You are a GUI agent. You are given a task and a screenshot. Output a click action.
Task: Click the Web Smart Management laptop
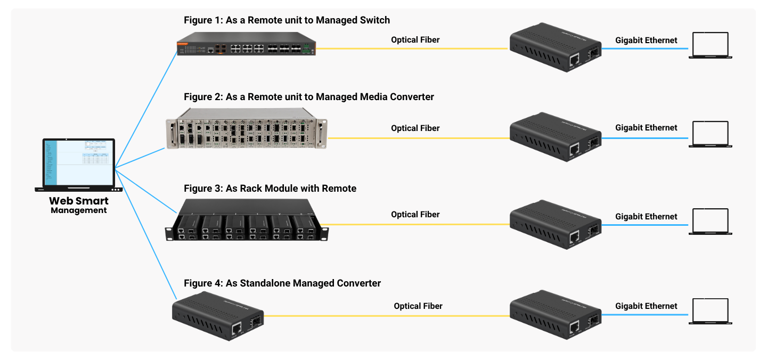tap(79, 165)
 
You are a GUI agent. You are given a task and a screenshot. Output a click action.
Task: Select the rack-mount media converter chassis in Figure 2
tap(246, 128)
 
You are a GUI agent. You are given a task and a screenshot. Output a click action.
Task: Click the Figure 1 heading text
tap(287, 20)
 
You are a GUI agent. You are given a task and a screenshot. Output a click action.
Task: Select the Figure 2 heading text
tap(308, 97)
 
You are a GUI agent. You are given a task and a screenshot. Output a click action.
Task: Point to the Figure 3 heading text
tap(270, 189)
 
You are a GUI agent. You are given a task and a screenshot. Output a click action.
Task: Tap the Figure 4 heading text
tap(282, 283)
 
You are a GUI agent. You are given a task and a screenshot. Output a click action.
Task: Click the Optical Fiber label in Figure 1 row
tap(415, 40)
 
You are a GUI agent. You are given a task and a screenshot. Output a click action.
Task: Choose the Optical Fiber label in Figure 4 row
tap(418, 306)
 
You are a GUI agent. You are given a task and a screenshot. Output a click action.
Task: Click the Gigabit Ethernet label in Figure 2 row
tap(646, 128)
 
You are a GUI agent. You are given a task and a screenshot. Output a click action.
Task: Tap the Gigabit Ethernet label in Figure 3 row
tap(646, 217)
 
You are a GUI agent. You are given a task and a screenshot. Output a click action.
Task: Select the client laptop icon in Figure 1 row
tap(711, 46)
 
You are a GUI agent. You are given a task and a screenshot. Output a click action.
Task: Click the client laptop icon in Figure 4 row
tap(711, 312)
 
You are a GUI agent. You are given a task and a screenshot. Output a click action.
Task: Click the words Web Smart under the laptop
tap(79, 201)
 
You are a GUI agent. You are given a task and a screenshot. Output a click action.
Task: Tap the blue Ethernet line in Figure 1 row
tap(644, 48)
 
